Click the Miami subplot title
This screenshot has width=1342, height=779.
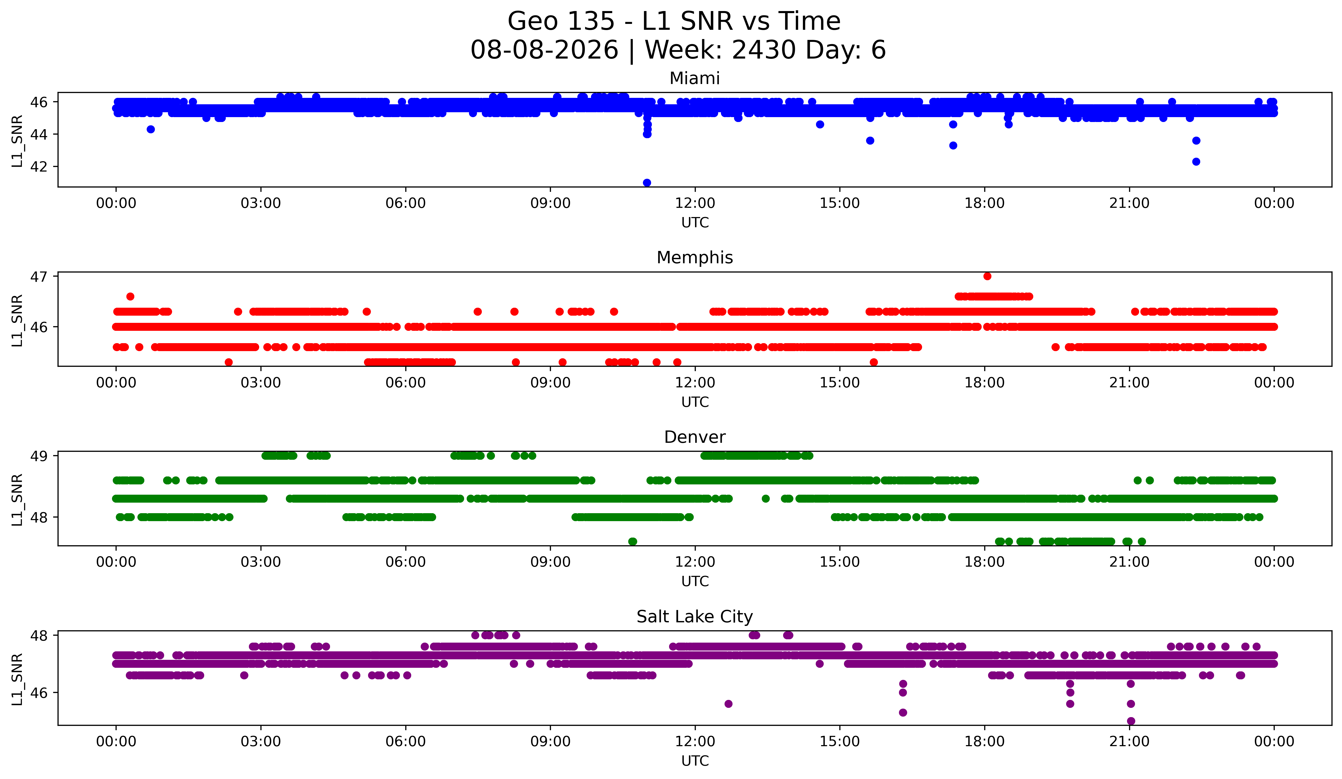(x=695, y=78)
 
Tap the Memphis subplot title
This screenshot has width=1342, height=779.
(x=695, y=258)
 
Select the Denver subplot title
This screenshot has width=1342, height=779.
(x=695, y=437)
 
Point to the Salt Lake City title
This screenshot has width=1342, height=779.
(x=695, y=617)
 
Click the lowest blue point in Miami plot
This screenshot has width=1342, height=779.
(x=647, y=183)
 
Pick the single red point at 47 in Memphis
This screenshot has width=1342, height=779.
(x=987, y=276)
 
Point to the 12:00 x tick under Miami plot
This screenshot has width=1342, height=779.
(x=695, y=203)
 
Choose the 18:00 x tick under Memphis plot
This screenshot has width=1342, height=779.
(x=985, y=382)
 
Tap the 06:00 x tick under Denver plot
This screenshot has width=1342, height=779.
(x=406, y=562)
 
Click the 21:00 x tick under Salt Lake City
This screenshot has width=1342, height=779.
(x=1130, y=741)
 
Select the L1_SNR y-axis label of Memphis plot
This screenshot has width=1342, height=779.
(x=17, y=321)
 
